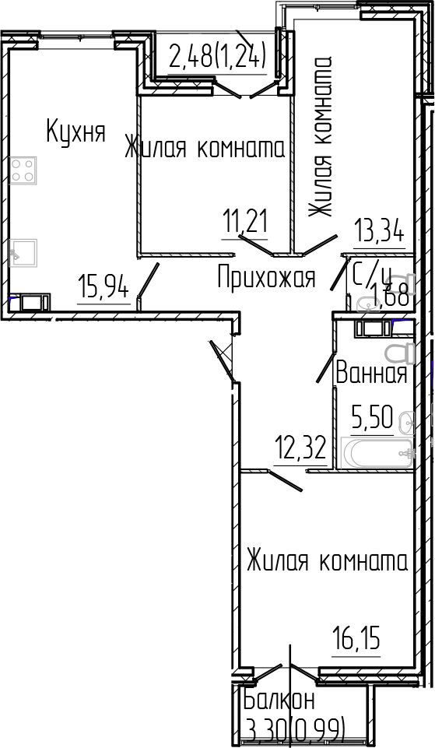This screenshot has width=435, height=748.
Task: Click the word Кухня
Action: [75, 132]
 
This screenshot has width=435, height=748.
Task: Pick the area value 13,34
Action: [380, 232]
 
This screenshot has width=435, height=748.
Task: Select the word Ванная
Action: [370, 374]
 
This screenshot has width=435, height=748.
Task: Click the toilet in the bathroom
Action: [399, 353]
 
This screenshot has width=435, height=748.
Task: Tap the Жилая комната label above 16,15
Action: [327, 561]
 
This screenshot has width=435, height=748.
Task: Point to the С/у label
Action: [370, 275]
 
